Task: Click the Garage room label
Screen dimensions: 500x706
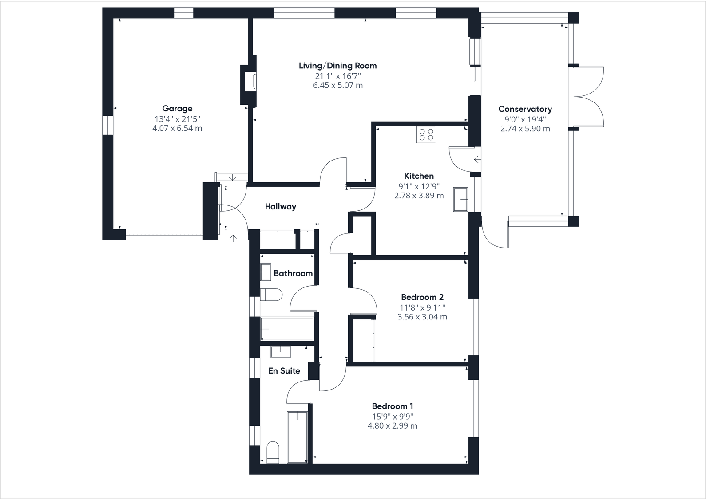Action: (x=177, y=108)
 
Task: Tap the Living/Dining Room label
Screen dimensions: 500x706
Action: (x=337, y=66)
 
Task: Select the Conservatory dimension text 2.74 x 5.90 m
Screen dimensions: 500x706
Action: (x=525, y=129)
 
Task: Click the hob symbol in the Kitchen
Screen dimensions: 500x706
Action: (x=426, y=134)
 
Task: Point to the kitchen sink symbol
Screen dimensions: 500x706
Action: (x=460, y=199)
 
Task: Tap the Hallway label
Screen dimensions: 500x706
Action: (x=280, y=206)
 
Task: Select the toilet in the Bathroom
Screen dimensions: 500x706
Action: (x=271, y=294)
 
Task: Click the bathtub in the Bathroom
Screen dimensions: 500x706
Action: (x=287, y=328)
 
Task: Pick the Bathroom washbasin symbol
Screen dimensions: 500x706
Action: (x=266, y=272)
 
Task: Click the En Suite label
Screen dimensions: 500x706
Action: (x=284, y=370)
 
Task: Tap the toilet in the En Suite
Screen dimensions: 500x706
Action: (x=273, y=452)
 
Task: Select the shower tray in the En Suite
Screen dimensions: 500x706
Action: (x=297, y=437)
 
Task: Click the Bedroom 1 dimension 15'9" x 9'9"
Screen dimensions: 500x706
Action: (x=393, y=416)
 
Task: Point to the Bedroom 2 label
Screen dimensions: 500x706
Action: (x=422, y=297)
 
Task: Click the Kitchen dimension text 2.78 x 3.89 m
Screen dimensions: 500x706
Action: (x=419, y=195)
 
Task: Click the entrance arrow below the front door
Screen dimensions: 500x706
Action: (x=233, y=239)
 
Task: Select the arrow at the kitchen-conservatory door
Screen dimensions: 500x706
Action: (x=477, y=159)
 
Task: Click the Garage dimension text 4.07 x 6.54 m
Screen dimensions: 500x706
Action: (x=177, y=128)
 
